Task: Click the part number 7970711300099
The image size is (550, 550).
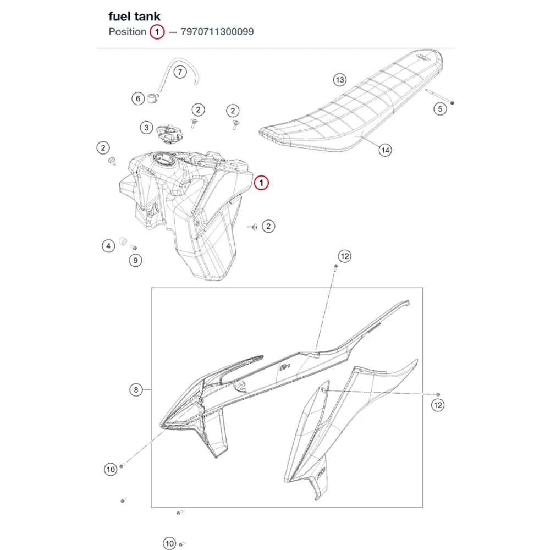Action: (x=217, y=32)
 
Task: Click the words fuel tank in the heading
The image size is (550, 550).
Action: (x=134, y=16)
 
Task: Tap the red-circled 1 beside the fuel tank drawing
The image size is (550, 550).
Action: (x=261, y=183)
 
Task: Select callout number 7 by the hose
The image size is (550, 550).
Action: (x=180, y=72)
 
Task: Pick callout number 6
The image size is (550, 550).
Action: (x=138, y=98)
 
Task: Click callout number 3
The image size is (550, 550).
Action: (x=146, y=128)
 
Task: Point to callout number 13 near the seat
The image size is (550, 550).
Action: (x=339, y=80)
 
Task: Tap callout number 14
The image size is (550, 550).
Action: (x=385, y=151)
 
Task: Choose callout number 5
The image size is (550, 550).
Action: (x=440, y=109)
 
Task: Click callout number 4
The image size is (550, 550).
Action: (x=108, y=246)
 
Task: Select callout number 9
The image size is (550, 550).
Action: (x=135, y=260)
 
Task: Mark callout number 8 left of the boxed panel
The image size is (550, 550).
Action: (x=136, y=390)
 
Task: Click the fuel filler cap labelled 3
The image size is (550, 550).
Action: (x=169, y=134)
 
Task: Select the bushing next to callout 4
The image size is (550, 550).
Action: (x=123, y=241)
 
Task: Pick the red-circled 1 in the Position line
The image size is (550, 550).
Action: (x=157, y=32)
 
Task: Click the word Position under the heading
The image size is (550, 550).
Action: (x=128, y=32)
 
